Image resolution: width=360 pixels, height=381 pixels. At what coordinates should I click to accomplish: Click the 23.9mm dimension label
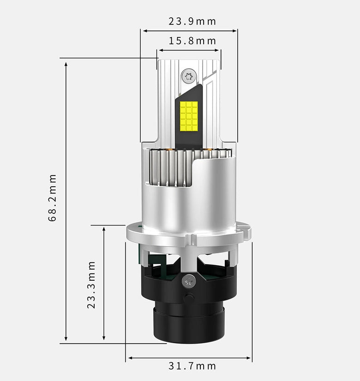[192, 21]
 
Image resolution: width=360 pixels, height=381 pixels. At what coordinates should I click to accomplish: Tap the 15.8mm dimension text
[192, 41]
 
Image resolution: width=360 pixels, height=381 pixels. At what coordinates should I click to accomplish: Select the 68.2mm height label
[52, 198]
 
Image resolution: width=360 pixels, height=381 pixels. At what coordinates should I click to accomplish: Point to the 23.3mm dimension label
[91, 285]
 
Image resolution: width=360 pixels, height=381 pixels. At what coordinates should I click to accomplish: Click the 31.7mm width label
[192, 366]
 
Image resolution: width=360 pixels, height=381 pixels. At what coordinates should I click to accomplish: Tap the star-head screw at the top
[189, 76]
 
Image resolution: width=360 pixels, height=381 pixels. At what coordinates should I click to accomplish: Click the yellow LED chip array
[189, 115]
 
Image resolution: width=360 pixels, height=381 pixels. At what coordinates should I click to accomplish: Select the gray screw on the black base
[189, 281]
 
